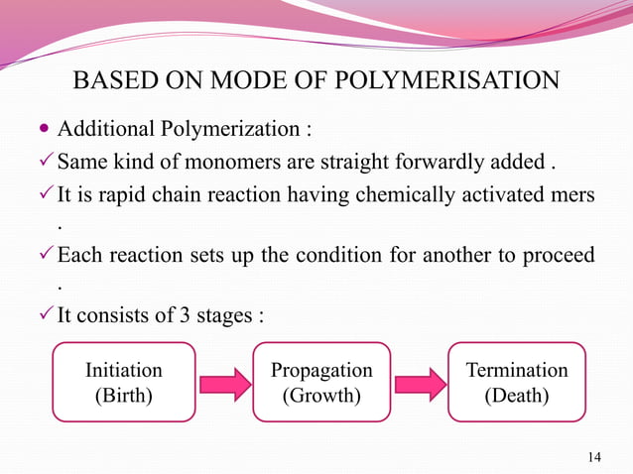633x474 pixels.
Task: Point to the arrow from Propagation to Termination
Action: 420,384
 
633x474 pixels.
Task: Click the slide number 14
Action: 594,456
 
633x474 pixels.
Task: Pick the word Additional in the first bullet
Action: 103,130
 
